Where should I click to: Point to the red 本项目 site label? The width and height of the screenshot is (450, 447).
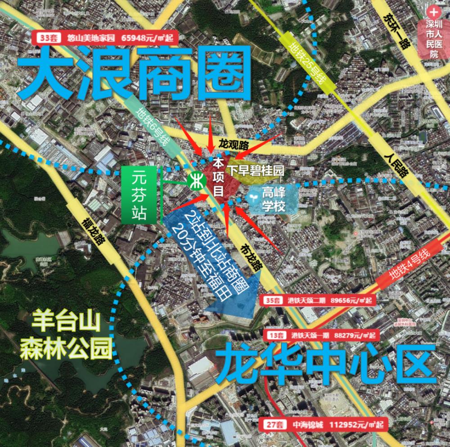(x=219, y=176)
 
